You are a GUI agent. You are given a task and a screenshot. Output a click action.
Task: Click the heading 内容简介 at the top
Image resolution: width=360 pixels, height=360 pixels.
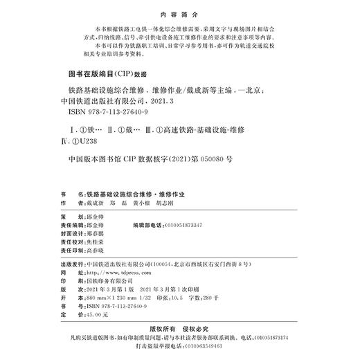pos(179,12)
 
